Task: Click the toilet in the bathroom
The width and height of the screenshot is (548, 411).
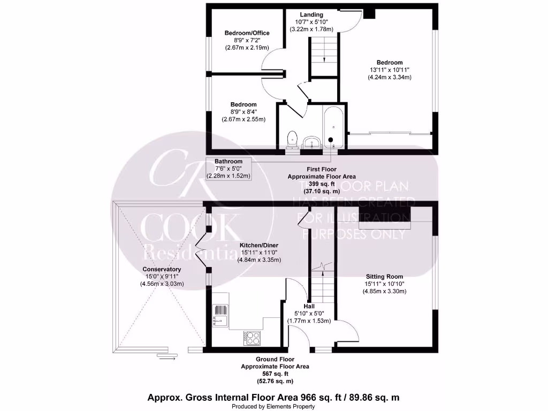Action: (x=292, y=140)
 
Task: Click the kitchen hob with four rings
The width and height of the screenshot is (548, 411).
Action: (x=252, y=338)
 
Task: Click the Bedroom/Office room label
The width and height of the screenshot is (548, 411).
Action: (x=247, y=33)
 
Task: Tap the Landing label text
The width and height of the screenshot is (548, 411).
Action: (x=311, y=14)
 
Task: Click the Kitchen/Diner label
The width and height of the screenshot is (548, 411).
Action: (x=259, y=246)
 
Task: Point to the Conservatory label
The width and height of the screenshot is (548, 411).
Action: (x=162, y=269)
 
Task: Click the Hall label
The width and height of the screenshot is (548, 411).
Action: (x=301, y=306)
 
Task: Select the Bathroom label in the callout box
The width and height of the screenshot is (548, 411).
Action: (x=229, y=161)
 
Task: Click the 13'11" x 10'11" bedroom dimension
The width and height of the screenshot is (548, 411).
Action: (x=389, y=70)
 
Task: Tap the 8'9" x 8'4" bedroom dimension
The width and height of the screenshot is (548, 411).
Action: (x=243, y=112)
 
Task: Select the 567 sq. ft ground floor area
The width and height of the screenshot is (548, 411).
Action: (x=275, y=374)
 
